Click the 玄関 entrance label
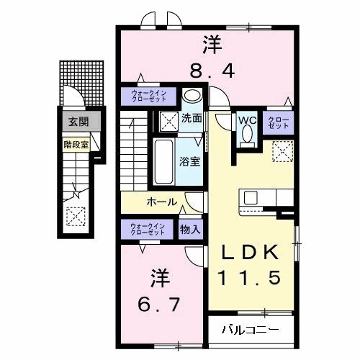pyautogui.click(x=76, y=122)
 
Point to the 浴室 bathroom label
pyautogui.click(x=191, y=162)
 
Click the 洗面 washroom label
pyautogui.click(x=191, y=118)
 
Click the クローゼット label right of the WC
pyautogui.click(x=278, y=123)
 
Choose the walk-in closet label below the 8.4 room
pyautogui.click(x=148, y=96)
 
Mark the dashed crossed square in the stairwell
pyautogui.click(x=74, y=215)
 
